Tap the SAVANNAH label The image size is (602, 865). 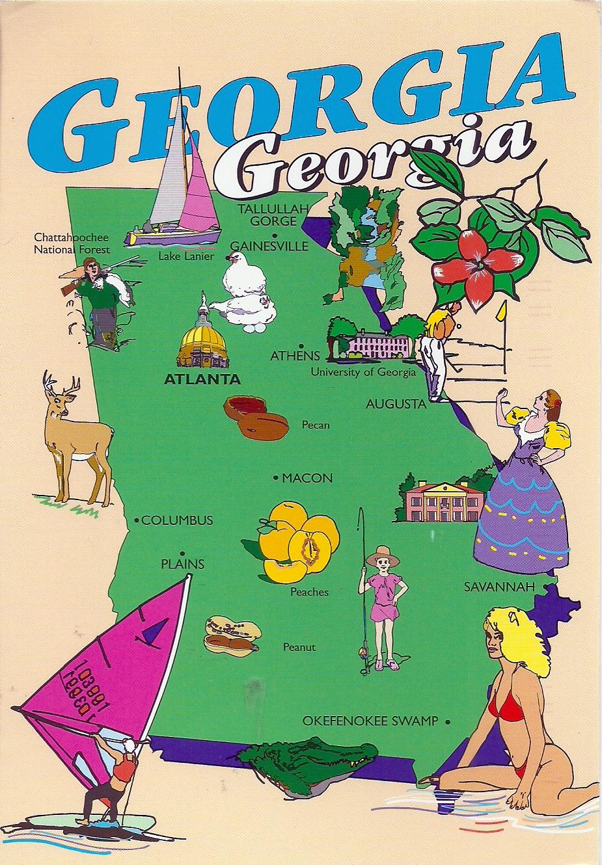tap(499, 587)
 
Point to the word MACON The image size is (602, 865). tap(307, 478)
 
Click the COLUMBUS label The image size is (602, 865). tap(177, 520)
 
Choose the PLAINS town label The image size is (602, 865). tap(183, 564)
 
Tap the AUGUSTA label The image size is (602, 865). tap(396, 404)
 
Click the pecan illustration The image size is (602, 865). tap(254, 417)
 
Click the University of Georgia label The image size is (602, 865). tap(363, 373)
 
